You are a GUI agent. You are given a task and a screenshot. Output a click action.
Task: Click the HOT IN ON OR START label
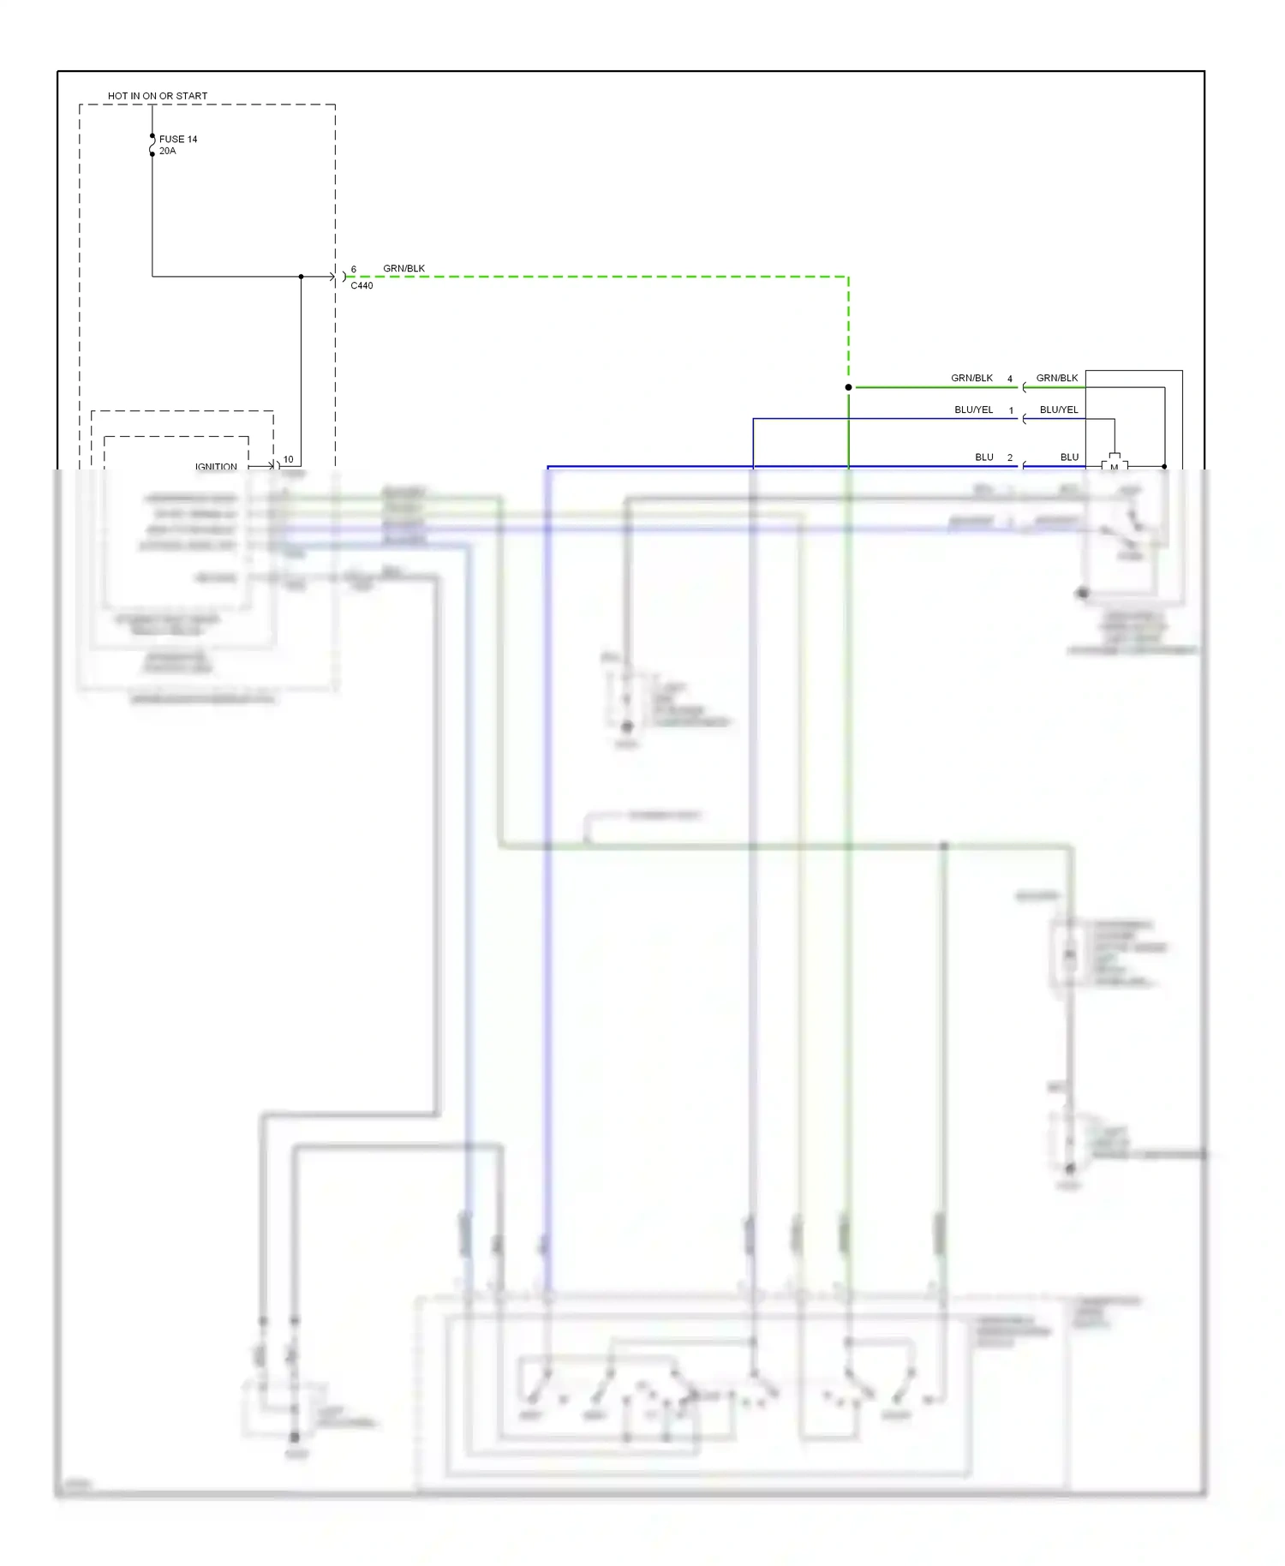[158, 96]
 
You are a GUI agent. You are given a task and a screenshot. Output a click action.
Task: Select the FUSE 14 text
[178, 139]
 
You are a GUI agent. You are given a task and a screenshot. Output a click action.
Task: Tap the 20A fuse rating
[167, 151]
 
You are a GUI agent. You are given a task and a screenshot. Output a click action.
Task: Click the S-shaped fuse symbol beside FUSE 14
[152, 145]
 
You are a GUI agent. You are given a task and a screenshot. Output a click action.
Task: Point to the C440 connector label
[362, 285]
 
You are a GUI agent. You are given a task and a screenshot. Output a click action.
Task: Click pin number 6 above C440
[354, 269]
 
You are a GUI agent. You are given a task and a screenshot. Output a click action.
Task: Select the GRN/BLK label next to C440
[403, 268]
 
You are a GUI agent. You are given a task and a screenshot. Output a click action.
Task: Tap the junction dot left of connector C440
[302, 277]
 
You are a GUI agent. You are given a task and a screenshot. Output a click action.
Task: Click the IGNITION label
[216, 467]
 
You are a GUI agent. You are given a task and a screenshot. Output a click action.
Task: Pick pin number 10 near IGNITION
[288, 459]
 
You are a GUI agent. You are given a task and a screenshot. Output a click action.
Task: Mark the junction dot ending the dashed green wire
[848, 387]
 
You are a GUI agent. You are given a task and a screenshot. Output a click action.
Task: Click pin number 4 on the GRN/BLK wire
[1010, 379]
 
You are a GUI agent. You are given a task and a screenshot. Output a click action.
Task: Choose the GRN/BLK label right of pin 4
[1057, 378]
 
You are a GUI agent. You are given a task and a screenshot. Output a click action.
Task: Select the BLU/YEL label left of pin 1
[974, 409]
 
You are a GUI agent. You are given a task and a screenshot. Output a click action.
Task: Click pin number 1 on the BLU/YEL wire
[1011, 410]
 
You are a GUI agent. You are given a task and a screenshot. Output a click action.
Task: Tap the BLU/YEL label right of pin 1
[1059, 409]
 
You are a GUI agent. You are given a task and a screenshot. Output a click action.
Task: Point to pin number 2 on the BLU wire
[1010, 457]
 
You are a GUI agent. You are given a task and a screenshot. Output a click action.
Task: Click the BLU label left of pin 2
[984, 457]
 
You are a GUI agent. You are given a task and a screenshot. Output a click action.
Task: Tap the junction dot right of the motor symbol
[1164, 466]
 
